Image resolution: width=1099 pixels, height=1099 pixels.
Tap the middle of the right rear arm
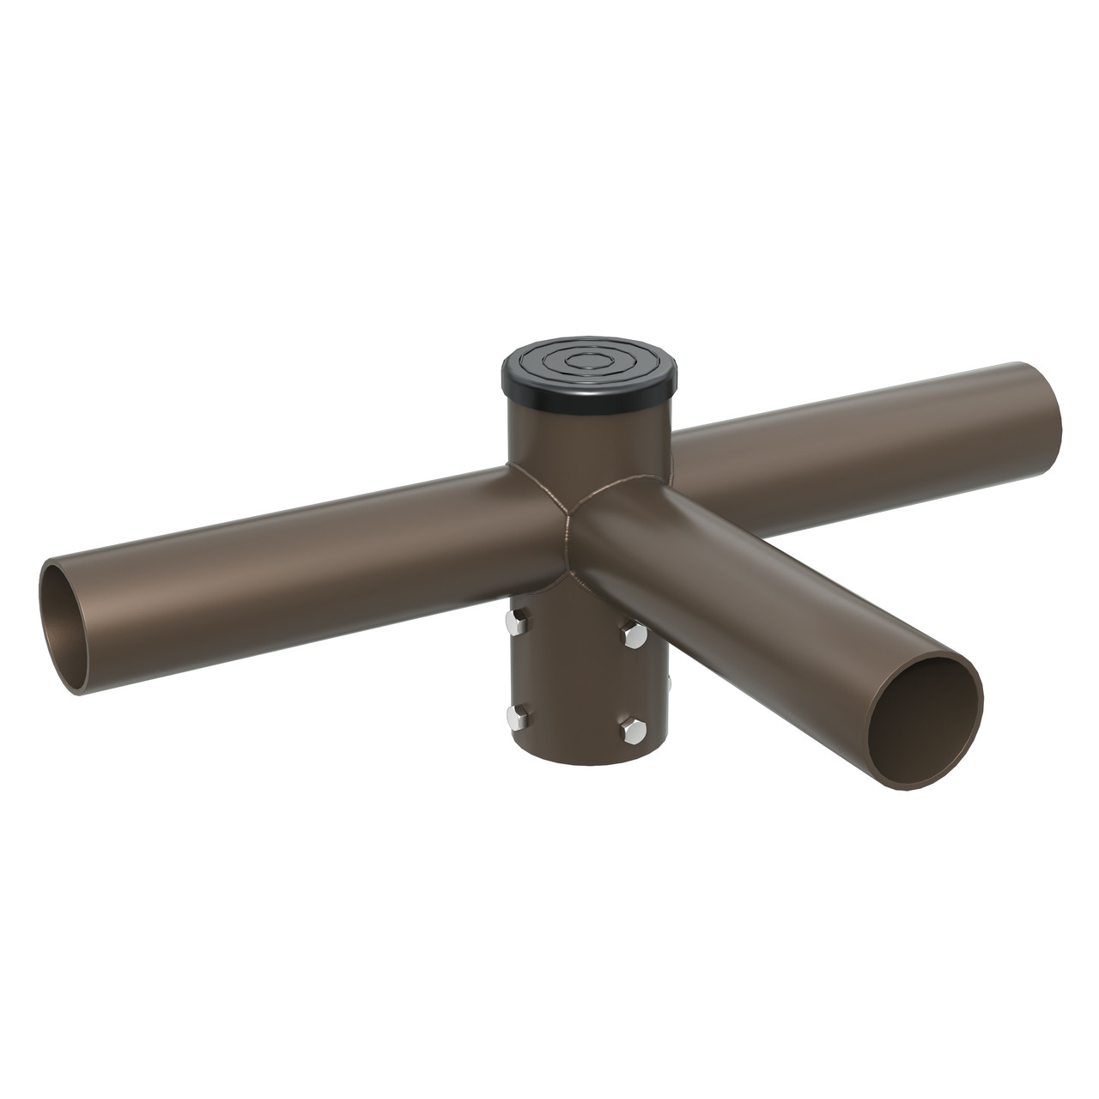(859, 438)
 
